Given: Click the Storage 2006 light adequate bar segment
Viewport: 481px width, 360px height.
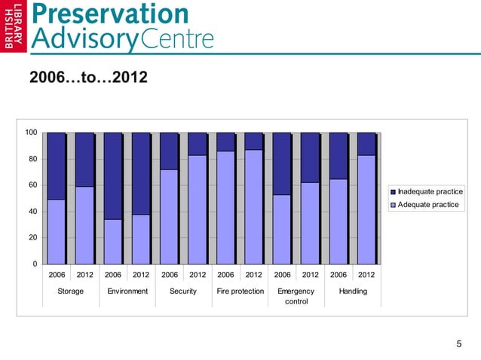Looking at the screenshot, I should (57, 231).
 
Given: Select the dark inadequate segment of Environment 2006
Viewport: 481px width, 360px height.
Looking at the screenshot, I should (113, 175).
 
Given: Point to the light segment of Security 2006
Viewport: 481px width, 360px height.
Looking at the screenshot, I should (169, 216).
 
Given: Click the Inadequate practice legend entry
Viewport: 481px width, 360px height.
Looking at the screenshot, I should (426, 191).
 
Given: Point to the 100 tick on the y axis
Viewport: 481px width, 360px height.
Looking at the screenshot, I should (31, 133).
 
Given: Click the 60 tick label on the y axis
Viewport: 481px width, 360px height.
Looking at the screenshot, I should (32, 185).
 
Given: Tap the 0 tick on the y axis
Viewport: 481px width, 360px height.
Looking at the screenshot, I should (35, 264).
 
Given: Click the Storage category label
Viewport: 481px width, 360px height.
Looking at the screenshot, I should (71, 291).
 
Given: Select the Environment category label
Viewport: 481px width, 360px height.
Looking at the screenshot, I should (127, 291).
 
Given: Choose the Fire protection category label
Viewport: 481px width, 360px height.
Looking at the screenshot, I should (240, 291).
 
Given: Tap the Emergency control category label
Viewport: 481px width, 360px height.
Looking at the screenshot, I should (296, 296).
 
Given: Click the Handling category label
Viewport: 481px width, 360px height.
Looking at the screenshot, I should (353, 291).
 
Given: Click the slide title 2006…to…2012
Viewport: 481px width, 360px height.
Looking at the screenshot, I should (88, 78).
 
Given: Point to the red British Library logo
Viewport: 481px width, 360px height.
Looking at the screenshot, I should (14, 26).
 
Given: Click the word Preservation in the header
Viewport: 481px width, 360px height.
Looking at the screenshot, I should (110, 14).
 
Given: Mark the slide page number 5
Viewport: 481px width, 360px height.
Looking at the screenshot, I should (459, 344).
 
